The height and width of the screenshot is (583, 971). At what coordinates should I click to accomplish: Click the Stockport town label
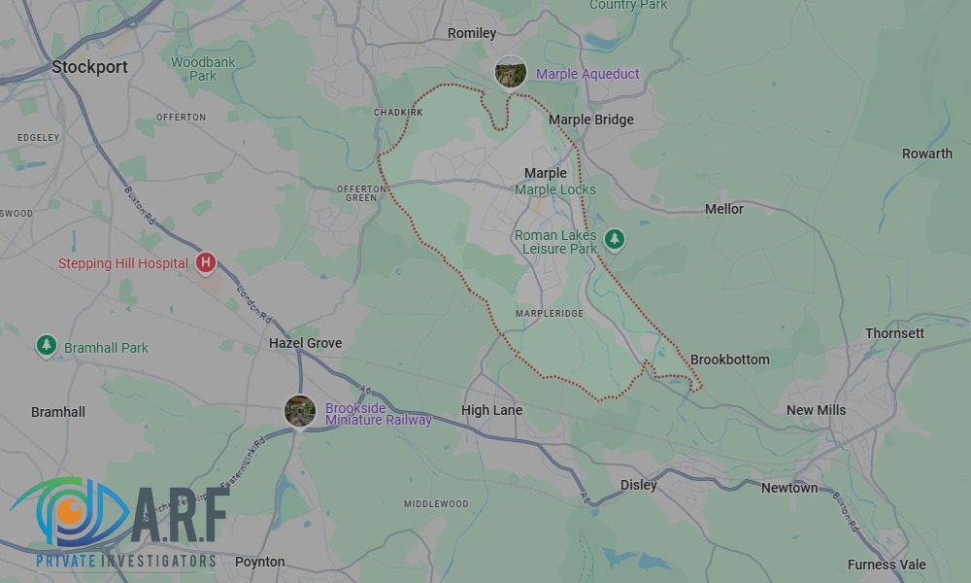[x=89, y=67]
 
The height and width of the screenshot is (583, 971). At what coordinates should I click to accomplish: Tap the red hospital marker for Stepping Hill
[x=206, y=262]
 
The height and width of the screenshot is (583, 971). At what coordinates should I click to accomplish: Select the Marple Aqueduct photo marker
[x=511, y=73]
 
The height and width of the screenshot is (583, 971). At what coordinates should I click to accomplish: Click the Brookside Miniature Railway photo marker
[x=300, y=411]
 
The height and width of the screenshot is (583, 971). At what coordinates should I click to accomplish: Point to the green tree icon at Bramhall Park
[x=46, y=346]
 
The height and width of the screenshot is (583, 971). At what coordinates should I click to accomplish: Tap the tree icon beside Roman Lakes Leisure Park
[x=614, y=239]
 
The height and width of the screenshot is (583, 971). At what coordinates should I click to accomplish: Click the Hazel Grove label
[x=305, y=343]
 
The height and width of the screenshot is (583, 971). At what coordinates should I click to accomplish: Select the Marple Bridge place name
[x=590, y=120]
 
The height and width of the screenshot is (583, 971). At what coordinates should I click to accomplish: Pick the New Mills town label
[x=816, y=410]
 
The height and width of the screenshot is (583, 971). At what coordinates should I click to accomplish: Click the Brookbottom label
[x=729, y=360]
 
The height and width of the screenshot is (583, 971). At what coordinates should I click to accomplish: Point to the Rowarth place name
[x=926, y=154]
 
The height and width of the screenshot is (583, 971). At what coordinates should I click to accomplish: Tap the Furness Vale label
[x=887, y=565]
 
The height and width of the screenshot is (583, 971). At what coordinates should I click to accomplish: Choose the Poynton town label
[x=259, y=562]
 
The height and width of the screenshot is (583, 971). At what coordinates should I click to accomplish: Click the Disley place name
[x=638, y=485]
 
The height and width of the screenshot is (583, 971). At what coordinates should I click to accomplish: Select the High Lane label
[x=491, y=410]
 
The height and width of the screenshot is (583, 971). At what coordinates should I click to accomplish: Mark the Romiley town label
[x=472, y=33]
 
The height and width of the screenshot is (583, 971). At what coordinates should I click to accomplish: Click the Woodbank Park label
[x=203, y=69]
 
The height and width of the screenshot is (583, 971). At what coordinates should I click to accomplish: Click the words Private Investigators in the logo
[x=126, y=561]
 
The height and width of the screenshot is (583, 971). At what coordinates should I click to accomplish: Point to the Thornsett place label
[x=894, y=333]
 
